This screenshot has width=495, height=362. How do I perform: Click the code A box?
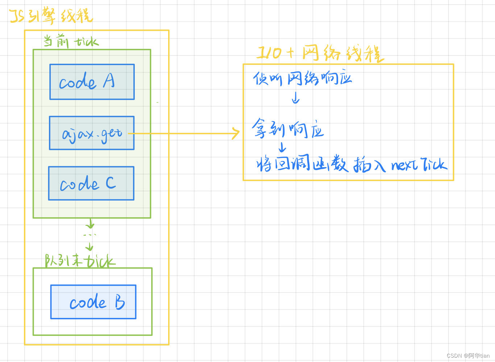pyautogui.click(x=92, y=82)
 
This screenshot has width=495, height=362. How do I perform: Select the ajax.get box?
pyautogui.click(x=92, y=133)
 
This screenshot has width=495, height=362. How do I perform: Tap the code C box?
pyautogui.click(x=91, y=183)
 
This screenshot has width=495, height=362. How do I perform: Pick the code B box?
pyautogui.click(x=93, y=302)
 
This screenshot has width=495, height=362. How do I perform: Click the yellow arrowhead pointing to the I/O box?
pyautogui.click(x=236, y=133)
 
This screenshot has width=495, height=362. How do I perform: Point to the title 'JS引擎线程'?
pyautogui.click(x=51, y=16)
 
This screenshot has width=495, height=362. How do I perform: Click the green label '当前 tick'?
pyautogui.click(x=71, y=41)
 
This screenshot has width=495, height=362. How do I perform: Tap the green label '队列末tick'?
pyautogui.click(x=80, y=261)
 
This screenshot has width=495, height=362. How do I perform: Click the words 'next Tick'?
pyautogui.click(x=419, y=165)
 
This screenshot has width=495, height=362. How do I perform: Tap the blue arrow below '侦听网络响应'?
pyautogui.click(x=296, y=98)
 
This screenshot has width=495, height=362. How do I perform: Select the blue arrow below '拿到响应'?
pyautogui.click(x=282, y=147)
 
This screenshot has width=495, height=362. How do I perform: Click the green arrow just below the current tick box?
pyautogui.click(x=90, y=223)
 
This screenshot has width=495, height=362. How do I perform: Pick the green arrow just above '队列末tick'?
pyautogui.click(x=89, y=247)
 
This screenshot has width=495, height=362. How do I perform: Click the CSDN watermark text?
pyautogui.click(x=468, y=355)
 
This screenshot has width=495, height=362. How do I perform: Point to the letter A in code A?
pyautogui.click(x=109, y=80)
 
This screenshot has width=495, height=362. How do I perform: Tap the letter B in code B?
pyautogui.click(x=120, y=302)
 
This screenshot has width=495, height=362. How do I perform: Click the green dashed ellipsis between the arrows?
pyautogui.click(x=90, y=235)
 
